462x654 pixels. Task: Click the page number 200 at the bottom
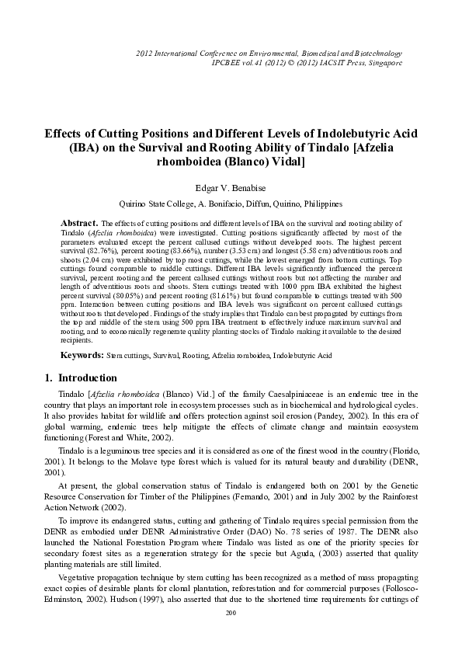tap(230, 635)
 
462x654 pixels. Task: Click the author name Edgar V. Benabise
tap(231, 187)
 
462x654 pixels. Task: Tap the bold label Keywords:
tap(82, 355)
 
